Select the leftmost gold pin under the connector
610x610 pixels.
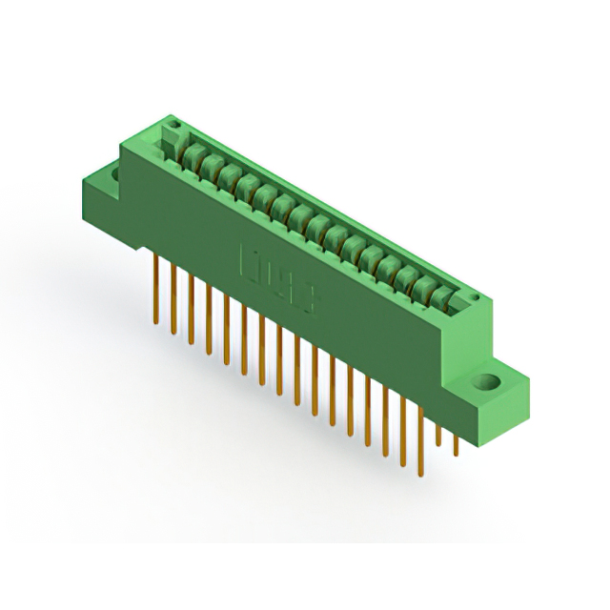pos(155,286)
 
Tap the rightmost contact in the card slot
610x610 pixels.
pos(440,298)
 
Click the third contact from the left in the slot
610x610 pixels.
pos(229,177)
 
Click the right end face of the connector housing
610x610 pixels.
pos(482,334)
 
